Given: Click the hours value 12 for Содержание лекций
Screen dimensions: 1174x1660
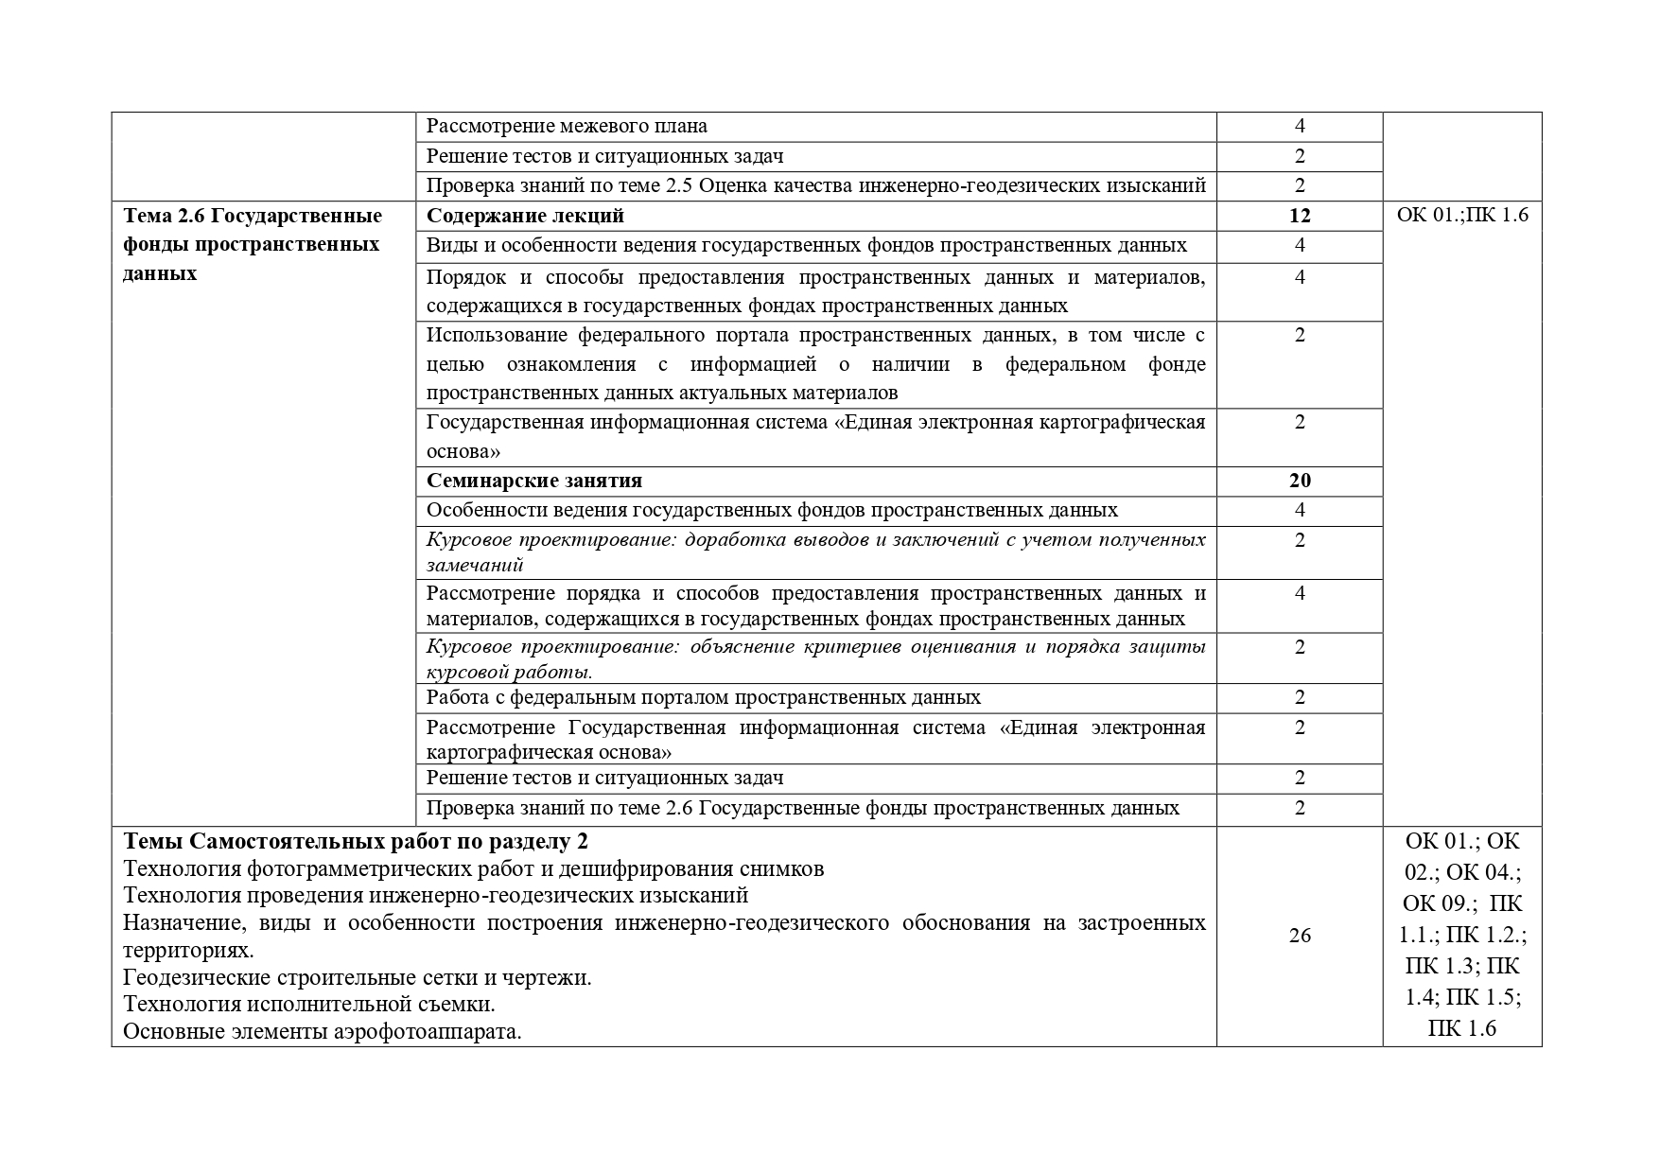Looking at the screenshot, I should click(x=1300, y=216).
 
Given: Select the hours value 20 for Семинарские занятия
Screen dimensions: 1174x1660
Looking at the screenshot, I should click(x=1300, y=481).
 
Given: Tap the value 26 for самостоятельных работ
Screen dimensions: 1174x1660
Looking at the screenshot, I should click(x=1300, y=936).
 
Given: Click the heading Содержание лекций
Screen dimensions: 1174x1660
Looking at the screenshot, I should click(x=525, y=216).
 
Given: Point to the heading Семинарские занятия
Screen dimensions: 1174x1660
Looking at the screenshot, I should click(x=533, y=481).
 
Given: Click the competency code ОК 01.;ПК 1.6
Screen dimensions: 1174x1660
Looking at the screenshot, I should click(x=1461, y=216).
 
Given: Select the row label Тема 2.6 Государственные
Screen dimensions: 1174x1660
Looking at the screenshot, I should click(x=253, y=216).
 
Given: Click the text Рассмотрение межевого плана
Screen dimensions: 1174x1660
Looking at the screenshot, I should click(x=567, y=126).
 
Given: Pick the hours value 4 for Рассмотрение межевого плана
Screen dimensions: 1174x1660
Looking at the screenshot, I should click(x=1300, y=126).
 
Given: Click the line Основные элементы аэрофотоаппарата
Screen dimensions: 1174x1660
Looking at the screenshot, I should click(x=323, y=1031).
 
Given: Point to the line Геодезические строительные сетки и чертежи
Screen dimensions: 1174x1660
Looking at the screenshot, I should click(x=358, y=977).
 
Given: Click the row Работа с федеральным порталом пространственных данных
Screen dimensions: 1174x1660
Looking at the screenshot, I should click(x=703, y=697).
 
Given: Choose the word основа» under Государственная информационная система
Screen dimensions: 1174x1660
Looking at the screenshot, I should click(x=463, y=451).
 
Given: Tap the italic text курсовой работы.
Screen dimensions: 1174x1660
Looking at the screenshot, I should click(x=509, y=673).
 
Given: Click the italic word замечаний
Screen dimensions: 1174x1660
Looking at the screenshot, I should click(x=475, y=565).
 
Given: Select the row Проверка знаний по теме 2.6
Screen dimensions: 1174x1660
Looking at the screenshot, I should click(x=802, y=808).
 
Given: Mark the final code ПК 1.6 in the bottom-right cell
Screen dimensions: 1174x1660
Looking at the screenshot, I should click(x=1461, y=1028).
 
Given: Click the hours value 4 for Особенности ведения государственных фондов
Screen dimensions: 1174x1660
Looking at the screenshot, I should click(x=1300, y=510).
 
